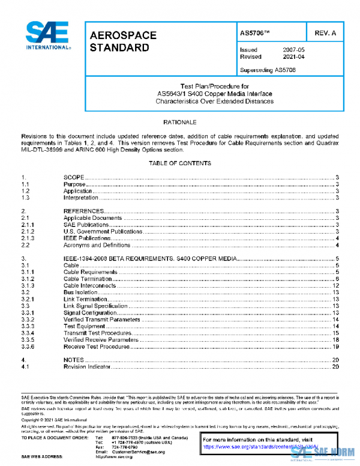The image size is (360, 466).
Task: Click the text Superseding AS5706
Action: tap(267, 70)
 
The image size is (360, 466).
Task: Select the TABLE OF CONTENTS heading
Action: tap(180, 163)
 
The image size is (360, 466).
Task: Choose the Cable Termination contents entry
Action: tap(88, 279)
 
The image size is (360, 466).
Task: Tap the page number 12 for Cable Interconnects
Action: tap(337, 286)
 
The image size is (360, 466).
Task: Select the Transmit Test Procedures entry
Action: tap(97, 333)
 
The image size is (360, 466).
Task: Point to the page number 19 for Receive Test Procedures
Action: tap(337, 346)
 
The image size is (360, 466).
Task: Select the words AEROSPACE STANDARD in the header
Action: tap(123, 41)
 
